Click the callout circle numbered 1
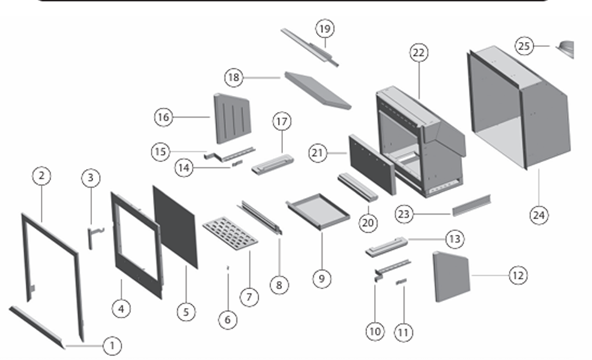pyautogui.click(x=112, y=345)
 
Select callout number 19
pyautogui.click(x=325, y=28)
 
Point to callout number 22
pyautogui.click(x=418, y=53)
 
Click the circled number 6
pyautogui.click(x=227, y=319)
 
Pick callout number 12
pyautogui.click(x=517, y=275)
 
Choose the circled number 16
pyautogui.click(x=164, y=116)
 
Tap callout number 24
pyautogui.click(x=538, y=215)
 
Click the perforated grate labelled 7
pyautogui.click(x=231, y=235)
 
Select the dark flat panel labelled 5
pyautogui.click(x=175, y=225)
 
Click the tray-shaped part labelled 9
pyautogui.click(x=318, y=212)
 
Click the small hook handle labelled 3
pyautogui.click(x=92, y=235)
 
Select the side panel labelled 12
pyautogui.click(x=451, y=275)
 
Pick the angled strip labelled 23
pyautogui.click(x=471, y=205)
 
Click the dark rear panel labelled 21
pyautogui.click(x=372, y=164)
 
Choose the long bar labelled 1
pyautogui.click(x=36, y=325)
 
